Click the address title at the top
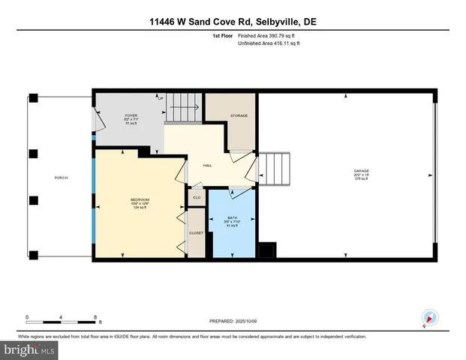[233, 23]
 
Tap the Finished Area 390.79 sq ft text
[268, 35]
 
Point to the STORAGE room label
[239, 115]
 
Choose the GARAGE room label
[361, 172]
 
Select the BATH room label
[232, 217]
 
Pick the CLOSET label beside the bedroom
[196, 232]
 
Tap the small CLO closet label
[196, 198]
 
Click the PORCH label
[61, 178]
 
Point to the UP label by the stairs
[161, 97]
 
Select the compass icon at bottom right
[428, 317]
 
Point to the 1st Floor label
[221, 35]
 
